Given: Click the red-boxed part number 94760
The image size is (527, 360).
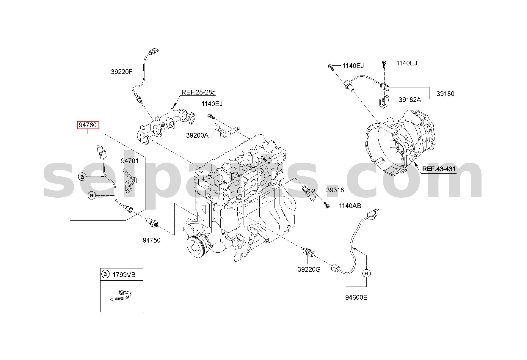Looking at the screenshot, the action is coord(88,125).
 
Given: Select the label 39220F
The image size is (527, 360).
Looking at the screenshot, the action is coord(122,72).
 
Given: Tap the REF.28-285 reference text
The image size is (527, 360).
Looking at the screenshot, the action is coord(198,92).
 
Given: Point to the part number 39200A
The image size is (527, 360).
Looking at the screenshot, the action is coord(197,135).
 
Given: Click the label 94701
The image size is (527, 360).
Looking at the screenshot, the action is coord(130,161).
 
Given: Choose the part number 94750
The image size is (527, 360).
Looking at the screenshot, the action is coord(151,240).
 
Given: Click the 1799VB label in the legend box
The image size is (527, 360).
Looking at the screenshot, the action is coord(124,275).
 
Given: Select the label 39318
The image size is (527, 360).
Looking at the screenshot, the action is coord(335,190).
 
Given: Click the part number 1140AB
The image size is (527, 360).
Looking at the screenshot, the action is coord(350,205).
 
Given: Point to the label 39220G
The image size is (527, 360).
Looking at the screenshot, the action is coord(309,270).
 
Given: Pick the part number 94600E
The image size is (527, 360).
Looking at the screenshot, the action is coord(356,297).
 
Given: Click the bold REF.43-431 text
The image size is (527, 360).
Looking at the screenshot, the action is coord(439,169).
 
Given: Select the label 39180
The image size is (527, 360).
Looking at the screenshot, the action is coord(446,94).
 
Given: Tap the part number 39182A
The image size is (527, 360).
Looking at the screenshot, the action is coord(410,100).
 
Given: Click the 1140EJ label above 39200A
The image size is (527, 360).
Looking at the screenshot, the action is coord(212,104).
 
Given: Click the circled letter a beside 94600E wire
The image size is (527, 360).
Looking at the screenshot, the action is coord(366,273).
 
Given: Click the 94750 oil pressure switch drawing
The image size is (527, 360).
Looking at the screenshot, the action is coord(153,223).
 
